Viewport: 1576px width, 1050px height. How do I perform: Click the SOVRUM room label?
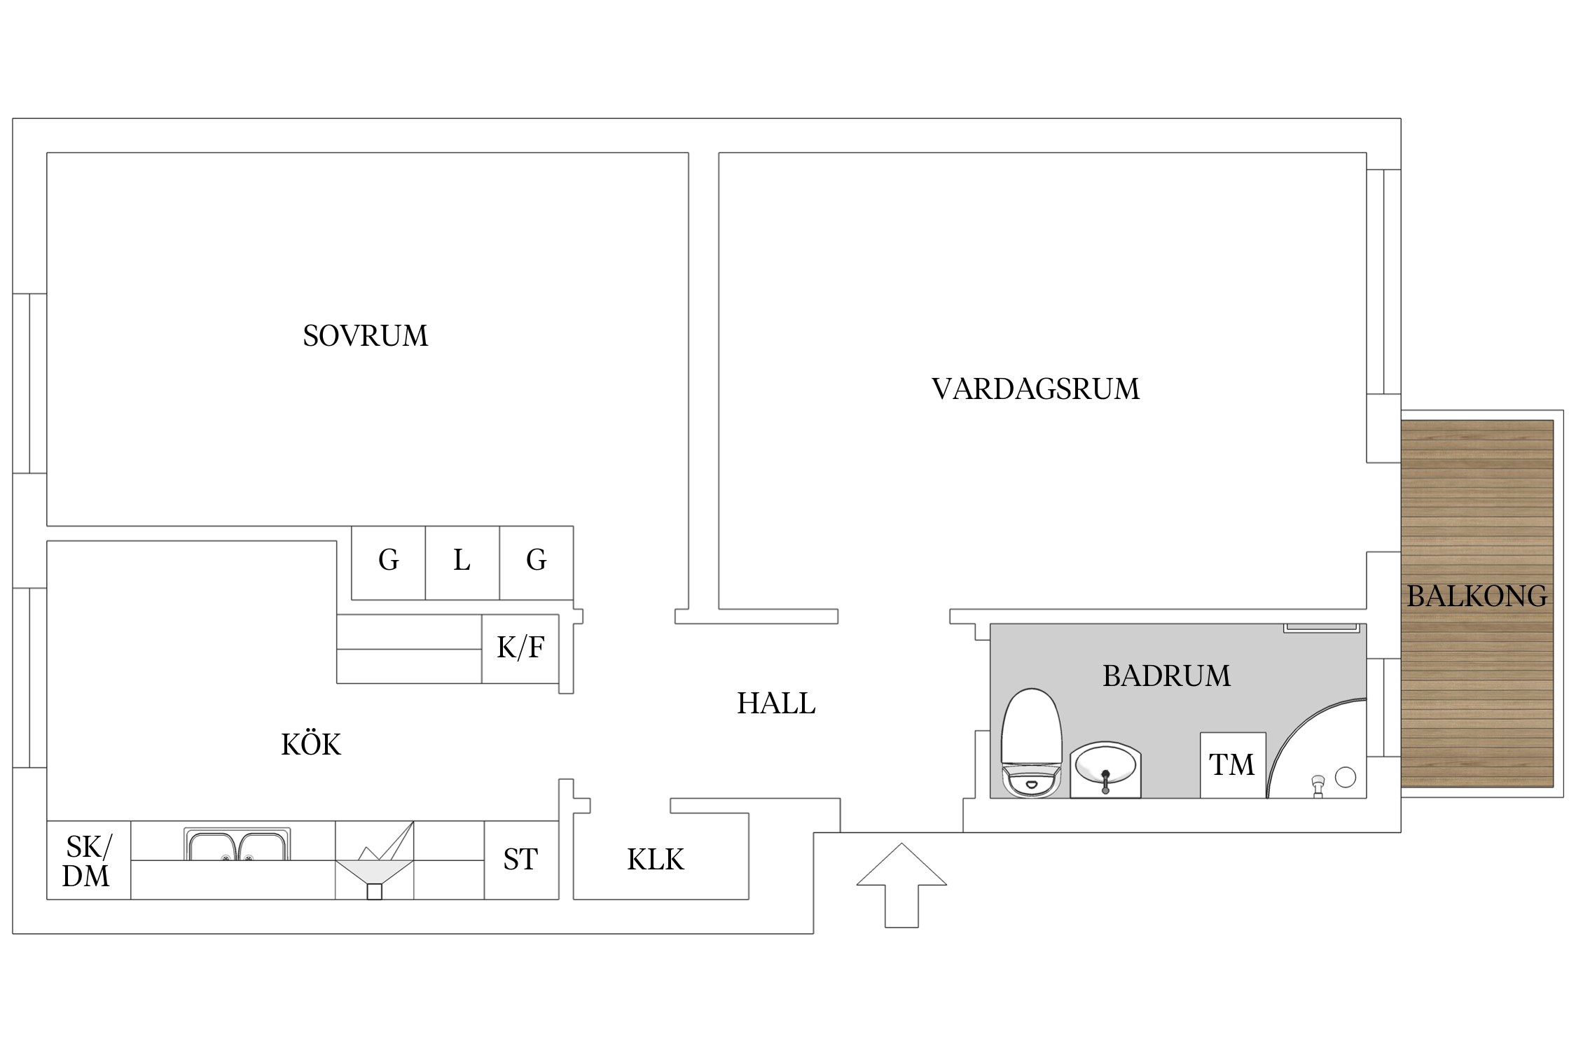[365, 336]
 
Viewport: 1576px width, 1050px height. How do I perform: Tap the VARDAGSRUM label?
[1035, 389]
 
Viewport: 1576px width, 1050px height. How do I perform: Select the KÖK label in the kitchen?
[310, 745]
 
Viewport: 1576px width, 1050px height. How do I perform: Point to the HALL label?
[776, 703]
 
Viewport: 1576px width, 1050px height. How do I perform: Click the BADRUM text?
[1166, 676]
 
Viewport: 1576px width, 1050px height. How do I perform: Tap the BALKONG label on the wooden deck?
[1477, 596]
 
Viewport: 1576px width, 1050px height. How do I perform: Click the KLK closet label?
[655, 860]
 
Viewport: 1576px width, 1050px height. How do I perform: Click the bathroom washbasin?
[1105, 769]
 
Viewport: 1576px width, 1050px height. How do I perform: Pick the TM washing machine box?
[1232, 765]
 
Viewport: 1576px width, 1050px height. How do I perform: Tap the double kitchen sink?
[237, 846]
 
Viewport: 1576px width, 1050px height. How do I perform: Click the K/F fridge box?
[520, 648]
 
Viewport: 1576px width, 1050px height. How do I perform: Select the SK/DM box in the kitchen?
[88, 861]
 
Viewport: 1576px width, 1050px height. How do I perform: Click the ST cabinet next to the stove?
[520, 860]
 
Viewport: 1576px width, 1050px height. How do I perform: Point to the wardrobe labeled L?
[462, 561]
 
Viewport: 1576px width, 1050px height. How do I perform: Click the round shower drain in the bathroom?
[1345, 777]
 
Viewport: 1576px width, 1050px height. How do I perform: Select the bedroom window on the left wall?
[29, 383]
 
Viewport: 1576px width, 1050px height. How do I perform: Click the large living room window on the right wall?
[1383, 281]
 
